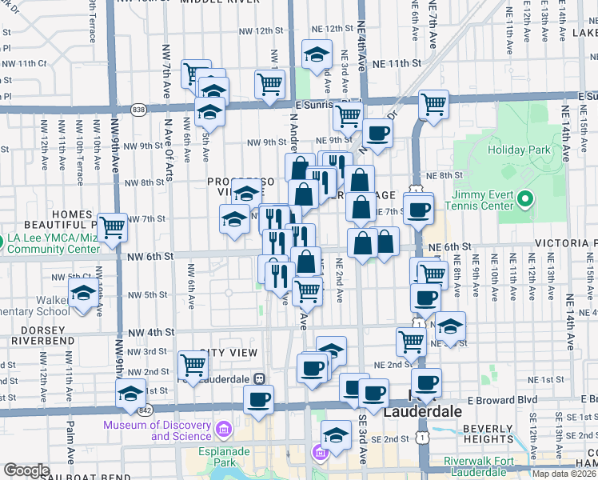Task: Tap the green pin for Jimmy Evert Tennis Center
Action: (524, 198)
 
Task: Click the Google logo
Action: (26, 470)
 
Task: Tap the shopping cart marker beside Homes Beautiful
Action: (113, 227)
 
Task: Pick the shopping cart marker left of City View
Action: (193, 364)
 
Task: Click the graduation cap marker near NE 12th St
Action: (317, 54)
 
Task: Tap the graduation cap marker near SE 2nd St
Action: (336, 436)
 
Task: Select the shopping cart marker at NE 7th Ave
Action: (433, 103)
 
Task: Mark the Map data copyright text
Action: (564, 474)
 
